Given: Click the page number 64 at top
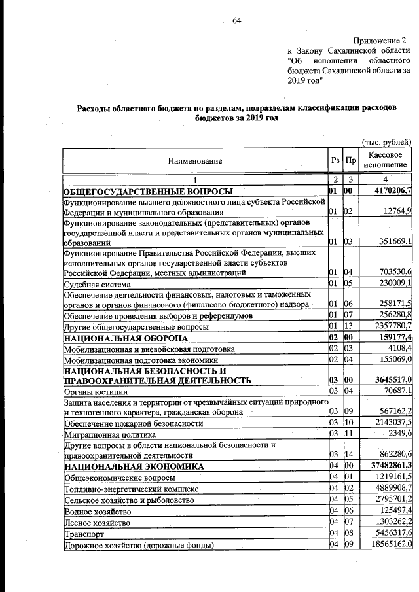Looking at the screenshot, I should coord(236,20).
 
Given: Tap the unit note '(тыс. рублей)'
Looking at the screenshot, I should coord(387,141).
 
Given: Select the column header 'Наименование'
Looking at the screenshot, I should coord(194,161).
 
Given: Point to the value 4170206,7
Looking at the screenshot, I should coord(390,191).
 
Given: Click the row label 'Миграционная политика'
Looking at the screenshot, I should coord(109,434).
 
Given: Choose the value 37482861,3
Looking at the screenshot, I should coord(388,466).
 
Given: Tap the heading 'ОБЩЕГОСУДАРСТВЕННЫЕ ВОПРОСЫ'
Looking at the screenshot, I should coord(148,191).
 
